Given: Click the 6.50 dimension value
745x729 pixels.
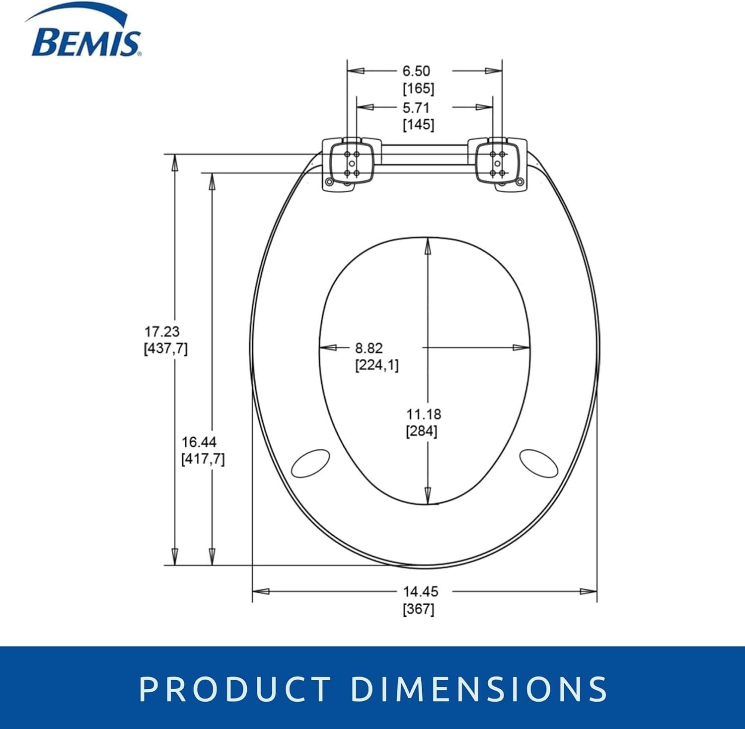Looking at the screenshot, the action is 416,71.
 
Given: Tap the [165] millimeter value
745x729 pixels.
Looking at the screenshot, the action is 418,88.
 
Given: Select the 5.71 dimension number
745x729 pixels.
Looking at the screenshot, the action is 416,108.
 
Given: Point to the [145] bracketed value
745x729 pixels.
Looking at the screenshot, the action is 418,124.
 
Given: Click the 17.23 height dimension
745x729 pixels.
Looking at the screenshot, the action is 162,331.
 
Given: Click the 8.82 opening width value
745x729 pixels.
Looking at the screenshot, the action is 369,348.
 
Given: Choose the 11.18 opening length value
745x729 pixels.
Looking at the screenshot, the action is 424,414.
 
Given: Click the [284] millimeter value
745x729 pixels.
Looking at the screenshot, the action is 422,431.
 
